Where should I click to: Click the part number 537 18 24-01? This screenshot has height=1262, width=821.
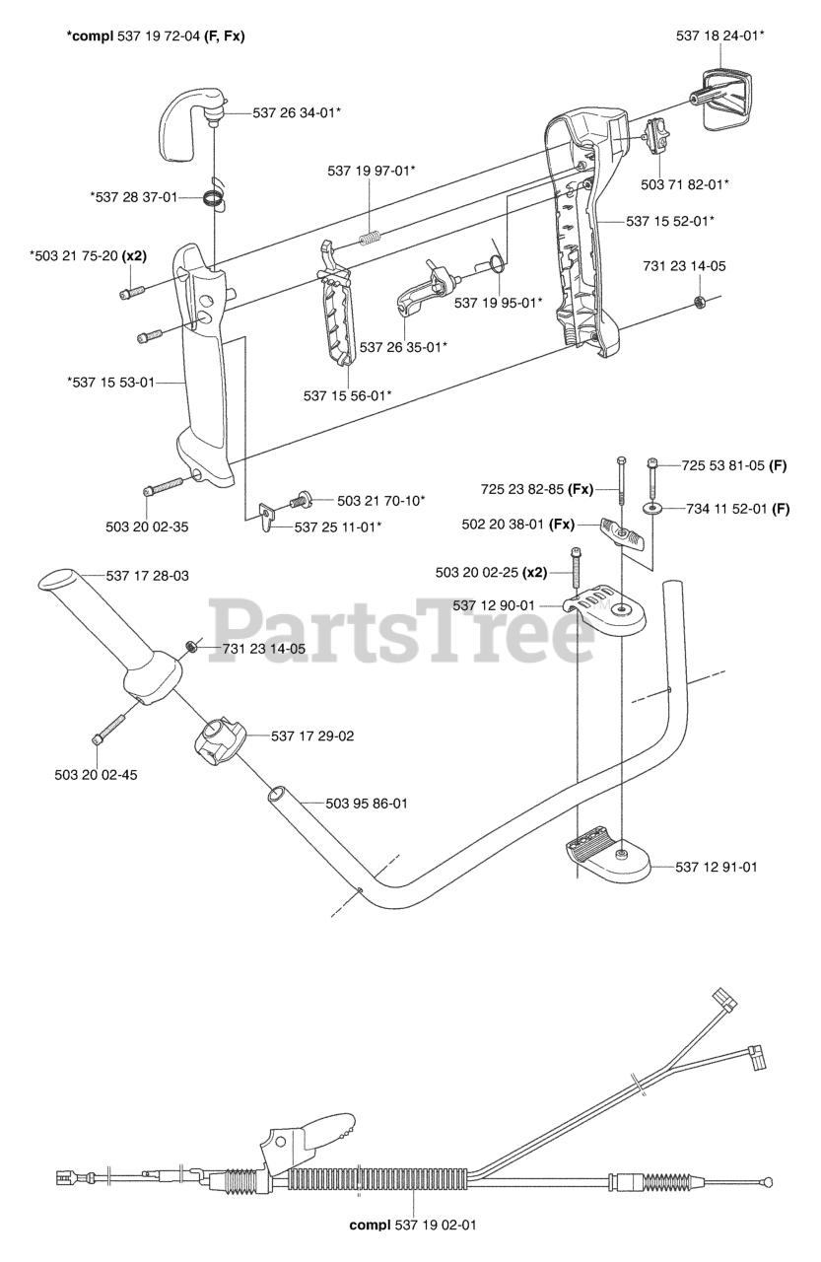pos(720,35)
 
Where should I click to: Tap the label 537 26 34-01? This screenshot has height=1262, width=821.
pos(297,112)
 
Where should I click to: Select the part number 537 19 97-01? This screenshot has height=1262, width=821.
pos(371,171)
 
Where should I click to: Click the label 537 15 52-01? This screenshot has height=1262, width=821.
pos(670,221)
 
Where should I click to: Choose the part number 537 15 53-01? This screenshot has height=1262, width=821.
pos(110,383)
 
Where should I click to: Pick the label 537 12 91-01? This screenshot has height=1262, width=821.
pos(717,867)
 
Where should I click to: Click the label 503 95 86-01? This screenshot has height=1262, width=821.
pos(367,804)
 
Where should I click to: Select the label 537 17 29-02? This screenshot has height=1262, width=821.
pos(312,736)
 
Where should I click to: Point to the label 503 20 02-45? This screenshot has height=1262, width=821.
pos(96,774)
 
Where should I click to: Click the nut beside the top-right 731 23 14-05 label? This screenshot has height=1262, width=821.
pos(698,300)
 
